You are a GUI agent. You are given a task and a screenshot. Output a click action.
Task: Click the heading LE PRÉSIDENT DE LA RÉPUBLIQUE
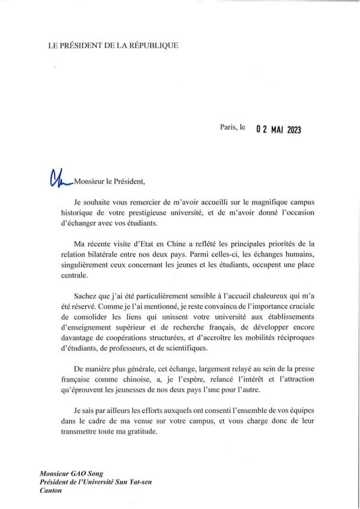[113, 46]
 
